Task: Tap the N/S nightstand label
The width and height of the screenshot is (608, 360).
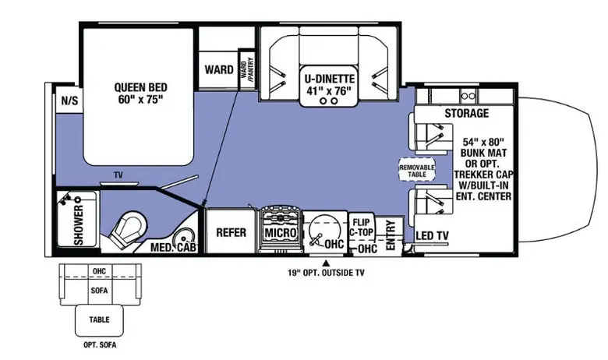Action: [x=70, y=101]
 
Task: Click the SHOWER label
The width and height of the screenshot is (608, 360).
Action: [x=79, y=225]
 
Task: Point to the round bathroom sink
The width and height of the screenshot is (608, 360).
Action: [x=185, y=237]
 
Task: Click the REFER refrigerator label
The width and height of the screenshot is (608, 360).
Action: [x=231, y=232]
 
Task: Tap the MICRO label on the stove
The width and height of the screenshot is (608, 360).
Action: [x=281, y=233]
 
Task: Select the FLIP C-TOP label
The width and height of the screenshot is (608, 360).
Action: [x=361, y=228]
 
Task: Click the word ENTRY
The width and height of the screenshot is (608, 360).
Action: [x=391, y=235]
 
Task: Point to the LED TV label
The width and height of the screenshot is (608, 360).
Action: [x=433, y=235]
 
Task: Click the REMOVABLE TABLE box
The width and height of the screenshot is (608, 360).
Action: [x=417, y=170]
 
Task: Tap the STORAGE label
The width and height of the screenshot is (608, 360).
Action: [x=466, y=113]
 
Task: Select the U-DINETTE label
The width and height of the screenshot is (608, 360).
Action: [x=329, y=79]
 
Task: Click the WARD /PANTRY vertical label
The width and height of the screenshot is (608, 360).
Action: [x=246, y=69]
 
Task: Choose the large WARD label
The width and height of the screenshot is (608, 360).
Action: [x=219, y=70]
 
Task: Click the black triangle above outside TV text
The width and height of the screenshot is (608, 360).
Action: [x=327, y=263]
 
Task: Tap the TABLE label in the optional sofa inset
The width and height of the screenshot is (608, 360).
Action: [x=99, y=319]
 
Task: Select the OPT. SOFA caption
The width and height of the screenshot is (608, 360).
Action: [x=100, y=344]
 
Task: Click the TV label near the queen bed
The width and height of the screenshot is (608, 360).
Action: [x=118, y=175]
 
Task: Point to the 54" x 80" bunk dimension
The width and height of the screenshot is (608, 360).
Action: [x=483, y=142]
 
